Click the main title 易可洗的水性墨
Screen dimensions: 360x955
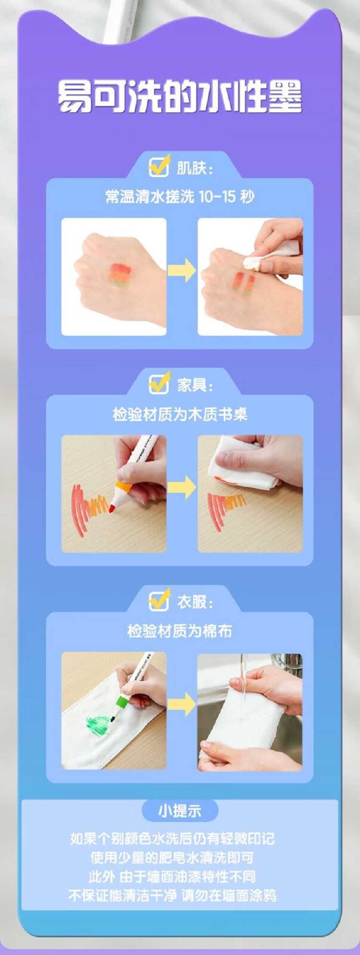pyautogui.click(x=180, y=96)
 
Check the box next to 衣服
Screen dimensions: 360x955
pyautogui.click(x=159, y=599)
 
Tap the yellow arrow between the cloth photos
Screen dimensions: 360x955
pyautogui.click(x=182, y=704)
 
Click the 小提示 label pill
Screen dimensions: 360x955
pyautogui.click(x=180, y=811)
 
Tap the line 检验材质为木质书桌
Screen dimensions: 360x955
pyautogui.click(x=180, y=414)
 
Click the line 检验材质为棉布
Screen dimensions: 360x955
pyautogui.click(x=180, y=631)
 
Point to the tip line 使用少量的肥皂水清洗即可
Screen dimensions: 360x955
pyautogui.click(x=172, y=858)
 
